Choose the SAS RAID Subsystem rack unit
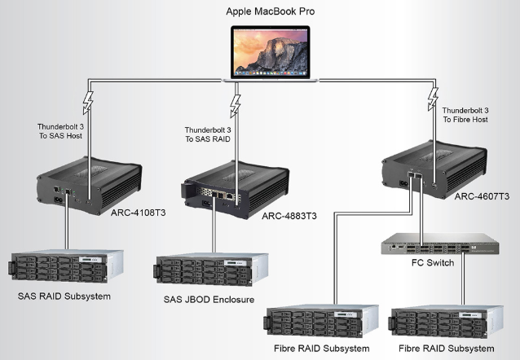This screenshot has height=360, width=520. click(x=65, y=261)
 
